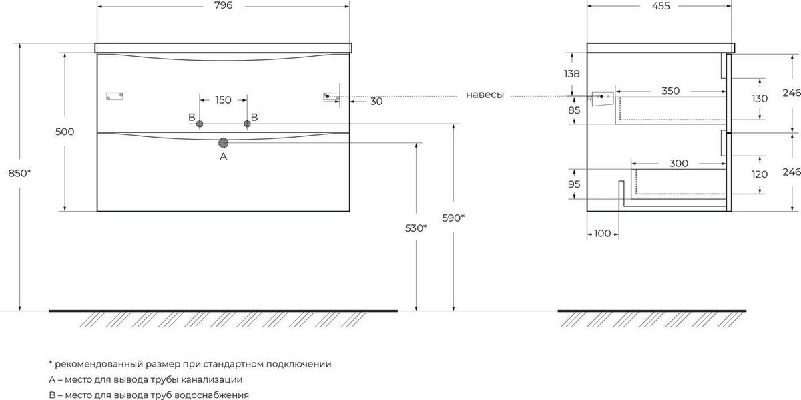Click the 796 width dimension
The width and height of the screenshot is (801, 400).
[224, 5]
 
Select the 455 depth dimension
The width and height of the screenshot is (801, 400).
[660, 6]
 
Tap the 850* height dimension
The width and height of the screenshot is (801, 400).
[19, 173]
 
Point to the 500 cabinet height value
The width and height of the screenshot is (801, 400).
[65, 132]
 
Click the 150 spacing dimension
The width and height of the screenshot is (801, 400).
[223, 100]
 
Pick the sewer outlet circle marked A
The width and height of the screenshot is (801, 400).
[223, 143]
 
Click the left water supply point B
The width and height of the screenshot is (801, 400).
[200, 124]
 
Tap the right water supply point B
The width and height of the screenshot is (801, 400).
[247, 124]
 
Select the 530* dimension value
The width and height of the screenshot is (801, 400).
[416, 228]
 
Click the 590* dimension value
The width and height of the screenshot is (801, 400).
[453, 218]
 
